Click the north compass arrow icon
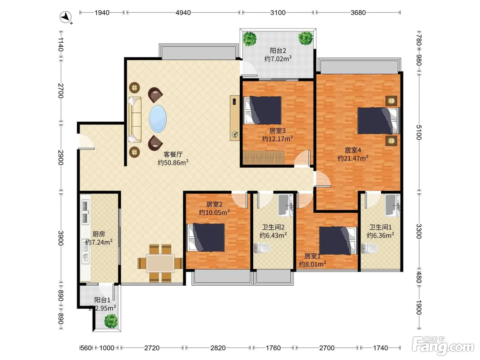[65, 17]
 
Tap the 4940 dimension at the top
[183, 13]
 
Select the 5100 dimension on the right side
[419, 132]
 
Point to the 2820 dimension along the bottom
[218, 348]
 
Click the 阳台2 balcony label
[278, 51]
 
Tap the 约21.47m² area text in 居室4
[353, 158]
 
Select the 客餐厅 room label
[173, 154]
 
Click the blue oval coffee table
[158, 119]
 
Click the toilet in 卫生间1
[369, 248]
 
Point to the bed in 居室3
[263, 110]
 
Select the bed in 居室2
[206, 237]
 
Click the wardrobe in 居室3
[263, 157]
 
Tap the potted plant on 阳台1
[111, 321]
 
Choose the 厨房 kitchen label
[99, 234]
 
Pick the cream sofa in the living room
[134, 119]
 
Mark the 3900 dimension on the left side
[61, 238]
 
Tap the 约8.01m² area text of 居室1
[312, 264]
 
